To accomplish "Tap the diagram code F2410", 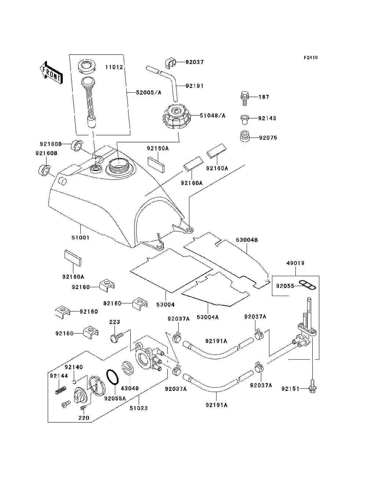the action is coord(310,58).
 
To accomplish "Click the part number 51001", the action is coord(80,238).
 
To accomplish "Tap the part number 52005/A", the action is coord(149,93).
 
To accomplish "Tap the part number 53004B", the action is coord(247,240).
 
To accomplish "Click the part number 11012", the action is coord(114,67).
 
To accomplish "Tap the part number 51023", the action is coord(139,408).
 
